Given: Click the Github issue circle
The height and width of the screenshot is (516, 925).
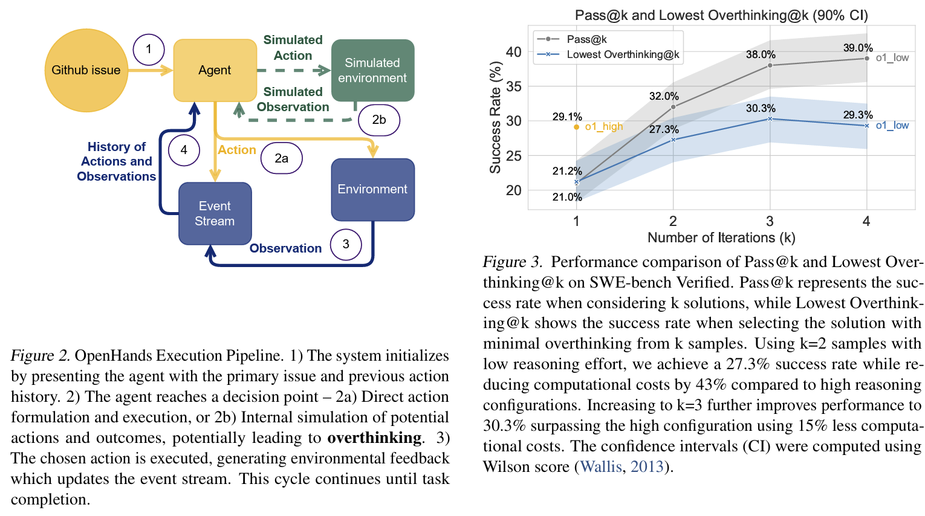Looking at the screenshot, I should (x=86, y=70).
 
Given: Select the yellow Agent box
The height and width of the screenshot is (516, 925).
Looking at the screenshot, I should (x=215, y=70).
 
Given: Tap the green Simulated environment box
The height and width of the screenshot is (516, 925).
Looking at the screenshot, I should (x=372, y=70).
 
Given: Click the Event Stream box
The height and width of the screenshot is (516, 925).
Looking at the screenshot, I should (x=215, y=213).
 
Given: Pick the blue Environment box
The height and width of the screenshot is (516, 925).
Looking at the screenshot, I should (x=372, y=189).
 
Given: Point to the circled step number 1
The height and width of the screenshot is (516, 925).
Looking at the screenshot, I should (x=149, y=49).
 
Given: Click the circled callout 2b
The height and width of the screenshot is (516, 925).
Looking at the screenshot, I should (x=379, y=120).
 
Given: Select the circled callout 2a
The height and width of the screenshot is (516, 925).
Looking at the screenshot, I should (x=282, y=158).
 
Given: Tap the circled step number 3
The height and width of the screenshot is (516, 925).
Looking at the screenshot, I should (x=346, y=244).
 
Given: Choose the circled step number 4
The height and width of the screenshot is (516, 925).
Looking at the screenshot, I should (x=184, y=150).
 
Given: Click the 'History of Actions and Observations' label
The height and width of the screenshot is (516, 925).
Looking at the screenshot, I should (x=117, y=161).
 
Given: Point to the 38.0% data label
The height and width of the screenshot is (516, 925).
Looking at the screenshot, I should (x=761, y=54).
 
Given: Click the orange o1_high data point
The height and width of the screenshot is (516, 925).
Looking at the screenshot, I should (x=577, y=127).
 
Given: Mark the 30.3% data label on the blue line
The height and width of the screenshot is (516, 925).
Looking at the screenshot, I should (x=761, y=108).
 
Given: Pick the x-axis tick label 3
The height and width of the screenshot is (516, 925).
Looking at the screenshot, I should (x=770, y=221).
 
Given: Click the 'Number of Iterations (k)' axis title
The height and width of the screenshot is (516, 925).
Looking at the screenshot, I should (x=721, y=237).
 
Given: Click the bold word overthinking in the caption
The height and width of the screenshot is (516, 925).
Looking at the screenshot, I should (x=374, y=437).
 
